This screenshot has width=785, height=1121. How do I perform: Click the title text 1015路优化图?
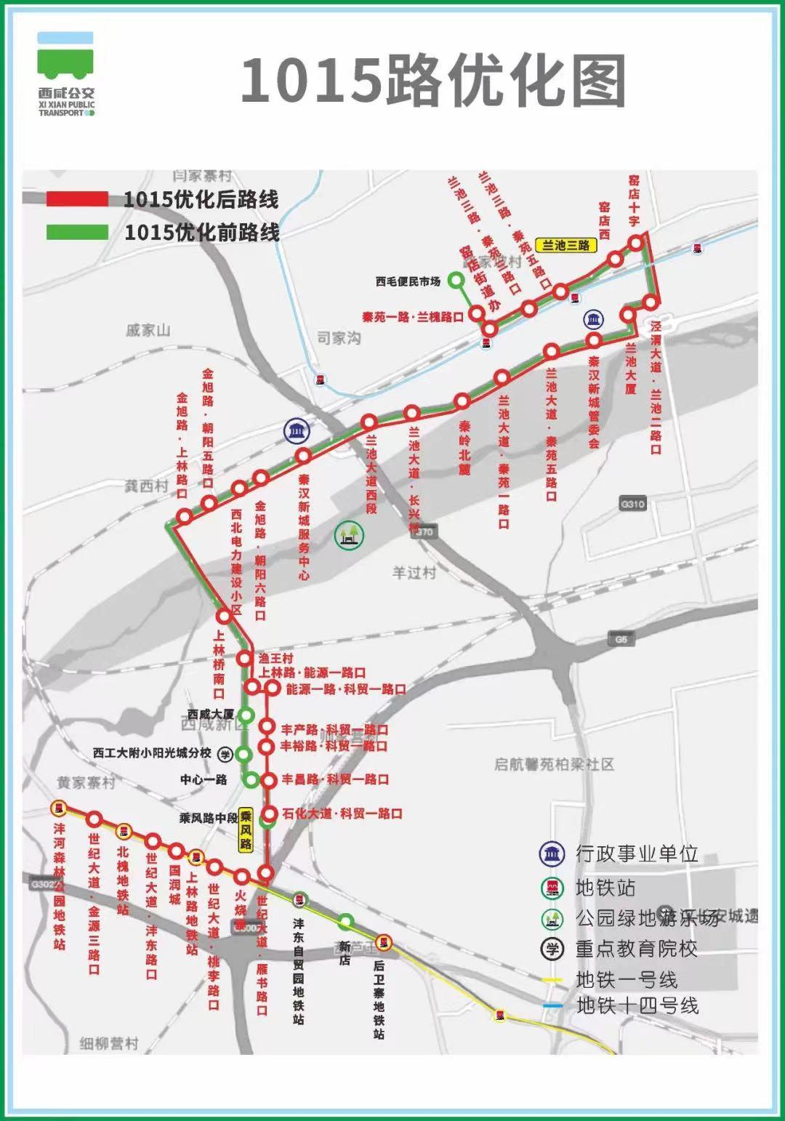433,80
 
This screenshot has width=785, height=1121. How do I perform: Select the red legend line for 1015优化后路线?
78,198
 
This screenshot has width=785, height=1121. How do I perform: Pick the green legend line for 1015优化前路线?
78,232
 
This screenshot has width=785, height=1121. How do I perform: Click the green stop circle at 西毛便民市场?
456,280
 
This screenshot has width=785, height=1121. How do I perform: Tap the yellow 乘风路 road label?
246,830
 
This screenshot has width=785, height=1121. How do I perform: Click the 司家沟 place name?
339,338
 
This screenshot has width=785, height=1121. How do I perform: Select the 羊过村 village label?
414,573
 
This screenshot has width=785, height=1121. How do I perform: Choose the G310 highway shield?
633,504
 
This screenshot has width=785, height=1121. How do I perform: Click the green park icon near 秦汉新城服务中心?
349,536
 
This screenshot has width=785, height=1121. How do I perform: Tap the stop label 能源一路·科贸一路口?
346,688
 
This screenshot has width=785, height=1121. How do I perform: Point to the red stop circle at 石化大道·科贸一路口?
270,814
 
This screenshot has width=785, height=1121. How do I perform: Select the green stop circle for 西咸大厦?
246,715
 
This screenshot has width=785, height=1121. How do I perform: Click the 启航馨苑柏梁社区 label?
555,764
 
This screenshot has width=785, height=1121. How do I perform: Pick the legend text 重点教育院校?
636,948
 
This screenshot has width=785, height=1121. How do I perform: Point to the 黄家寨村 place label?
86,783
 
